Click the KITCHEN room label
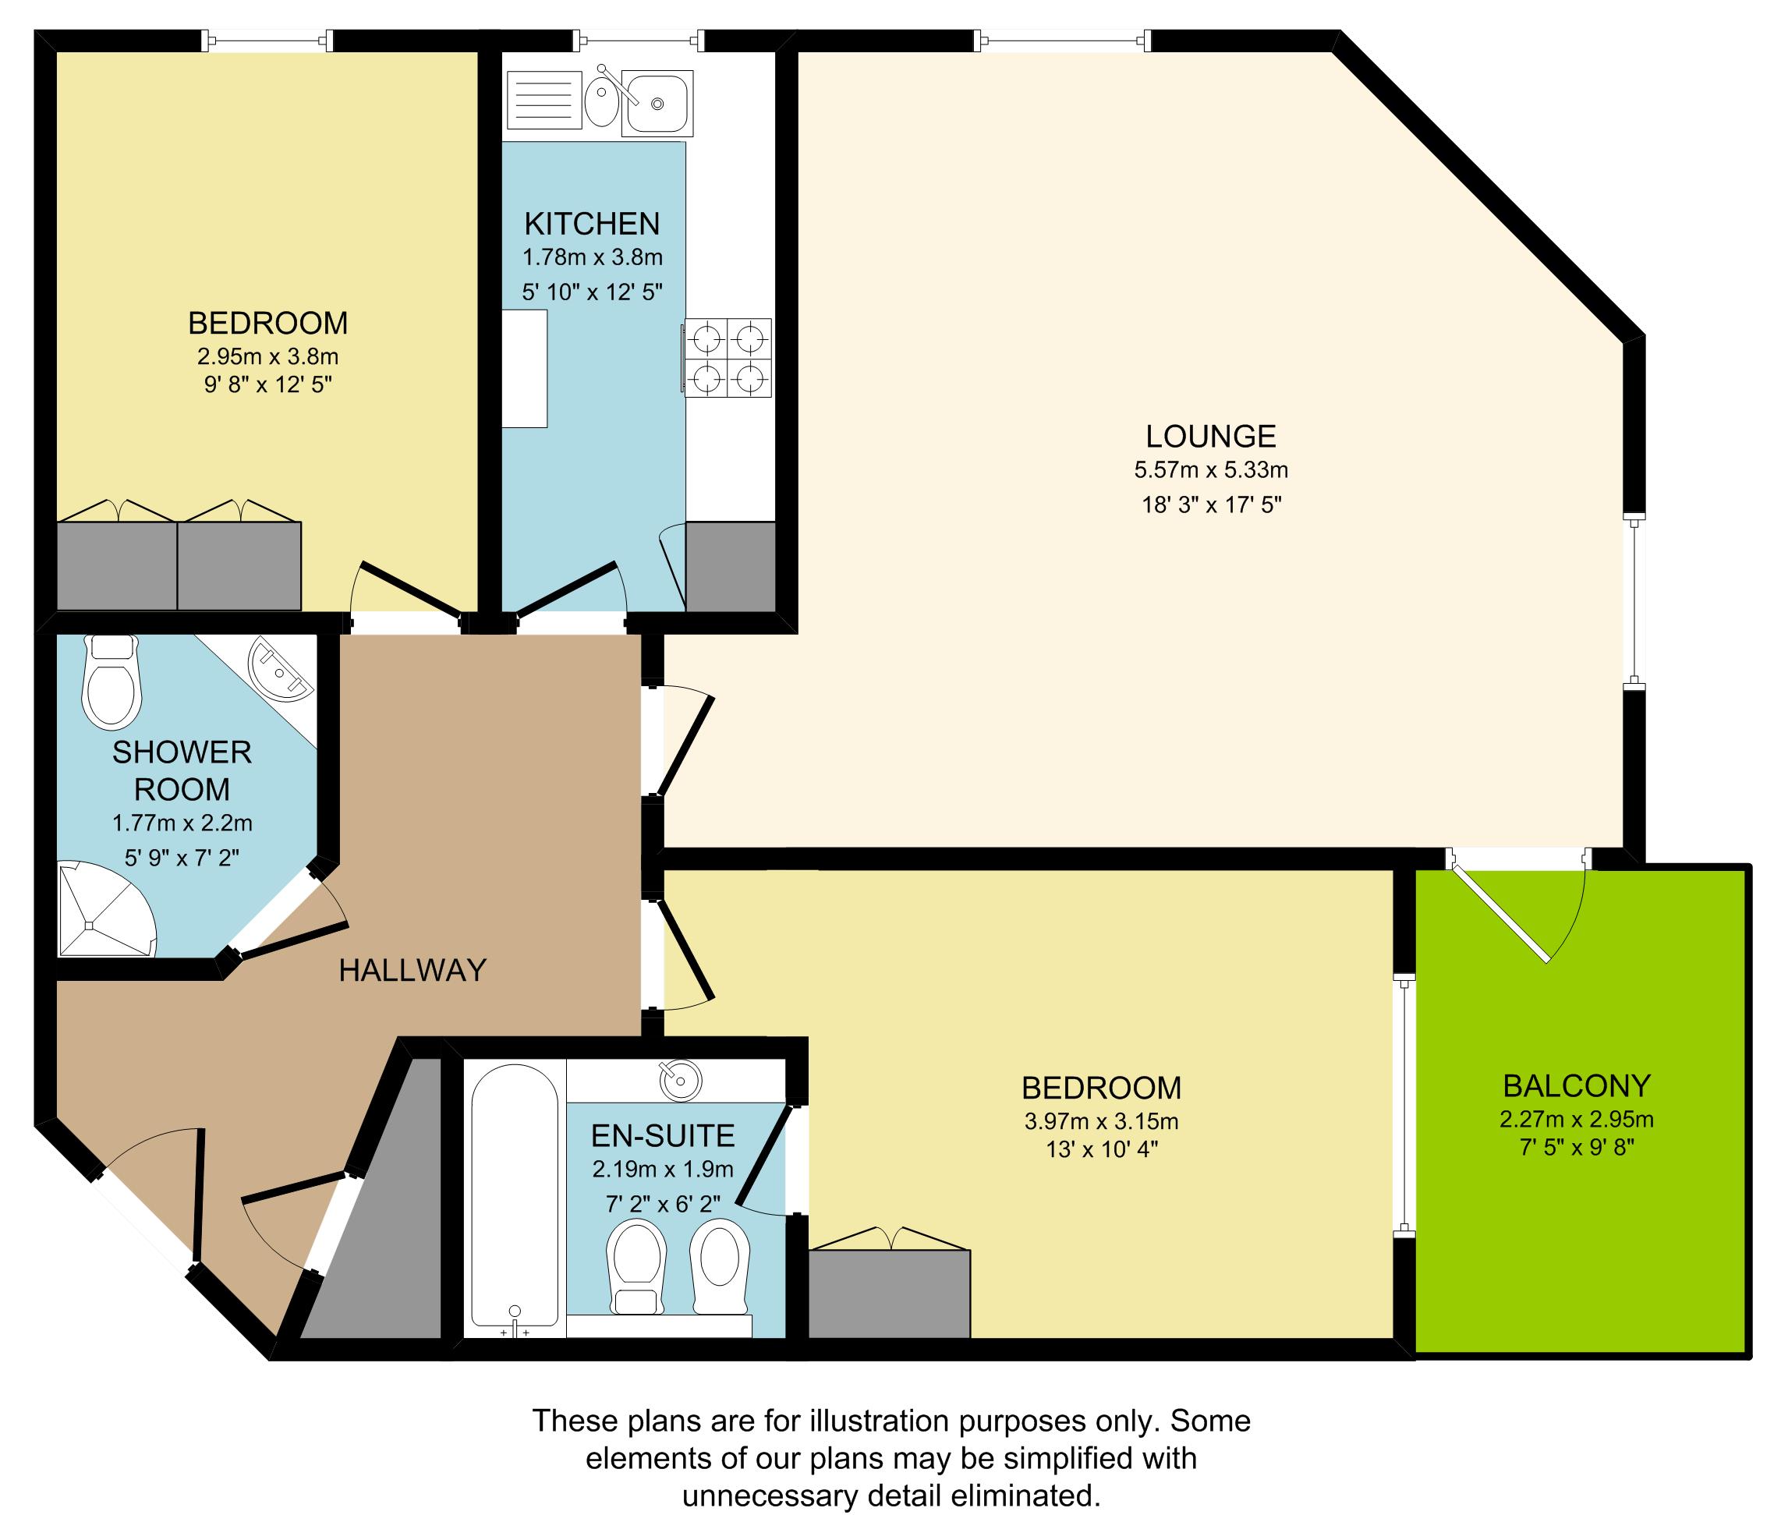(592, 223)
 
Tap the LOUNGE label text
(1210, 437)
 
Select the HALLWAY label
(412, 971)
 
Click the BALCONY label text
(1576, 1086)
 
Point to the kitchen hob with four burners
(728, 357)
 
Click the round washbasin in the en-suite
(680, 1080)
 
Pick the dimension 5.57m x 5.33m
(1210, 470)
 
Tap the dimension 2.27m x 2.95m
(1576, 1120)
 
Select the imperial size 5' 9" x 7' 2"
(182, 857)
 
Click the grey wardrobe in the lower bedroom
(889, 1294)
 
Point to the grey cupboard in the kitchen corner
(731, 567)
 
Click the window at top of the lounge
(1063, 41)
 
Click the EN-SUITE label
(663, 1135)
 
